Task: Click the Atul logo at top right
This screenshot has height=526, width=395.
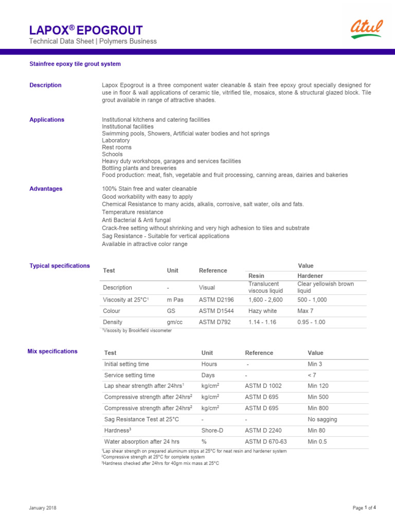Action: tap(366, 30)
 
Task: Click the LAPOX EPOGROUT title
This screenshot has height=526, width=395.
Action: tap(86, 30)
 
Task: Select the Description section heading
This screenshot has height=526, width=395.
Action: tap(45, 85)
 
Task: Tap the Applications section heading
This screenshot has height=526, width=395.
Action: tap(47, 120)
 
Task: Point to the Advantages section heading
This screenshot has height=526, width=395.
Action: tap(46, 189)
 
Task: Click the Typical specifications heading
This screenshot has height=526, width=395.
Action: tap(60, 266)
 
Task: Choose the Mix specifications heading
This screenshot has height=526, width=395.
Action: tap(52, 351)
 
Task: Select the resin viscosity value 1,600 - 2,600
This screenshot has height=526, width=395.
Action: tap(265, 299)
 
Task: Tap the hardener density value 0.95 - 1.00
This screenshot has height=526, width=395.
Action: tap(312, 322)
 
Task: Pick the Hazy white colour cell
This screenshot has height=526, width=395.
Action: tap(262, 311)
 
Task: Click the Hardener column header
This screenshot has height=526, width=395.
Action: tap(310, 276)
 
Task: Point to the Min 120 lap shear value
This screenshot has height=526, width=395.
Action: tap(318, 386)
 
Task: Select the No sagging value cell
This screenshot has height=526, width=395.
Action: tap(322, 419)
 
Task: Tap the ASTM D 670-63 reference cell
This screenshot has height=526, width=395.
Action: tap(266, 442)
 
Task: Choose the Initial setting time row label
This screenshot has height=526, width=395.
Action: tap(127, 364)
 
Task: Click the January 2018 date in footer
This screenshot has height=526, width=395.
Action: tap(43, 508)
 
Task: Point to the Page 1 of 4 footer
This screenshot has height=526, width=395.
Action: tap(364, 508)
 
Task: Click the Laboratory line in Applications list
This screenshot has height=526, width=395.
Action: tap(116, 140)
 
